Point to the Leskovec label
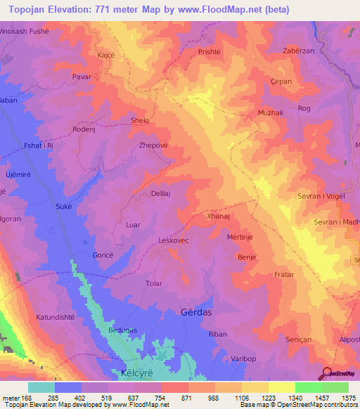174,240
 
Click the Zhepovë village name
153,145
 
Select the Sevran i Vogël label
321,197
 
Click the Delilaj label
162,193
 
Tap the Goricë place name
103,256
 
